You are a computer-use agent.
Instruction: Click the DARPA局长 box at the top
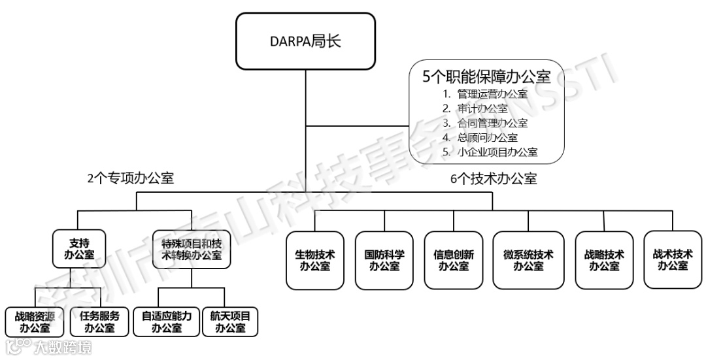click(305, 42)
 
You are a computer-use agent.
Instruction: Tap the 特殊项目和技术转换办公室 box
click(191, 248)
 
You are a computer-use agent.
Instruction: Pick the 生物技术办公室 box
click(315, 260)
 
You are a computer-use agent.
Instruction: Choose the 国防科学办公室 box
click(384, 260)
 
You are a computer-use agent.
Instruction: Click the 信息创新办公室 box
click(454, 260)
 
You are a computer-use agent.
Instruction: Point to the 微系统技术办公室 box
click(528, 260)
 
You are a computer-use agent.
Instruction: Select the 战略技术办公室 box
click(604, 260)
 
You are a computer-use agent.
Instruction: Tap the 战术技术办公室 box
click(673, 260)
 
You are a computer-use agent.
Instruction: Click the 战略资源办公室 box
click(34, 321)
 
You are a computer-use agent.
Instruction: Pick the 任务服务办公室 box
click(99, 321)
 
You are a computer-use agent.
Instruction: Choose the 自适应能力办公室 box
click(166, 321)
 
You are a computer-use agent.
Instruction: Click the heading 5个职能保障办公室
click(486, 77)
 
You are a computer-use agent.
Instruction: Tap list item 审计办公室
click(482, 108)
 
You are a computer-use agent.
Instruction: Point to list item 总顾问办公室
click(487, 137)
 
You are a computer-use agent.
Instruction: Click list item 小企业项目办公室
click(497, 152)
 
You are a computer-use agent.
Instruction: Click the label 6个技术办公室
click(494, 178)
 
